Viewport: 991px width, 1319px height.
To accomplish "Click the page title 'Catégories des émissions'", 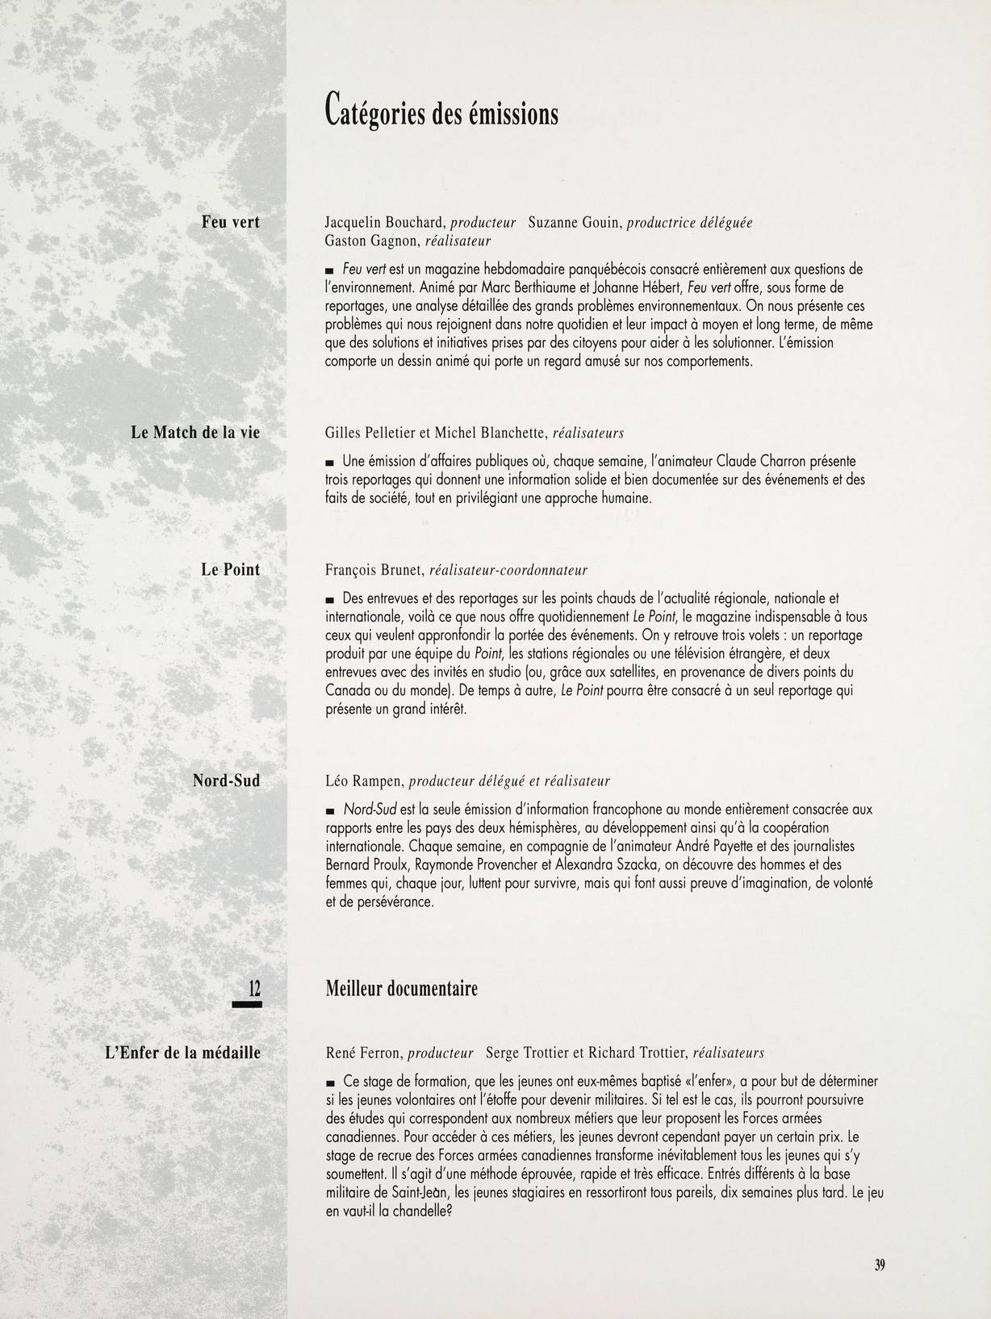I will click(441, 111).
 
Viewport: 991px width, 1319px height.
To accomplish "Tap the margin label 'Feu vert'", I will click(230, 222).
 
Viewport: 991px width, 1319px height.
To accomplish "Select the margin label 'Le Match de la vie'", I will click(195, 433).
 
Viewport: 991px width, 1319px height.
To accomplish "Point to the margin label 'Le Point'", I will click(230, 569).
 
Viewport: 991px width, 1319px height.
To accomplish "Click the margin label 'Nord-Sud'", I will click(226, 781).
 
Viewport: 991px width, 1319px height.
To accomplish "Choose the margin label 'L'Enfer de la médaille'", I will click(182, 1053).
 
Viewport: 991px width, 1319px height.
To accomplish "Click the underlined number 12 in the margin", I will click(254, 987).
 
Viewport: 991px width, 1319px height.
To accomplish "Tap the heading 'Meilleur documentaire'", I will click(401, 988).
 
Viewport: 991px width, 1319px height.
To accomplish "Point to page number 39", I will click(880, 1265).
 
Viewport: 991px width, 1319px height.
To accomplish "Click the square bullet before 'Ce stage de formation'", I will click(329, 1082).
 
